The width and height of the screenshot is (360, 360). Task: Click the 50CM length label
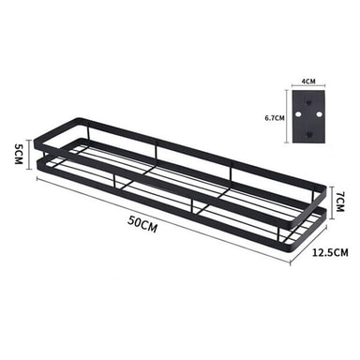(x=142, y=224)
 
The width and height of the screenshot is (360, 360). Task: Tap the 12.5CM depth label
(x=330, y=252)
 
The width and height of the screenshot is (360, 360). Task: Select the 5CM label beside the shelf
(x=19, y=154)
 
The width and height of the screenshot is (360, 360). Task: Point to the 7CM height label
(x=340, y=202)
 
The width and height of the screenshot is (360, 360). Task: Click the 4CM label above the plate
(x=308, y=82)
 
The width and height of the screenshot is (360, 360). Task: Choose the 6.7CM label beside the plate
(x=275, y=118)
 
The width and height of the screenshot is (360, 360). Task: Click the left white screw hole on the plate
(x=298, y=114)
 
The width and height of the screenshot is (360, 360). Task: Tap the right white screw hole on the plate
(x=319, y=114)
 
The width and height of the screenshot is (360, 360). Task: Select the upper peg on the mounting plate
(x=308, y=101)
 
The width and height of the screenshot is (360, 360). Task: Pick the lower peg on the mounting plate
(x=308, y=135)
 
